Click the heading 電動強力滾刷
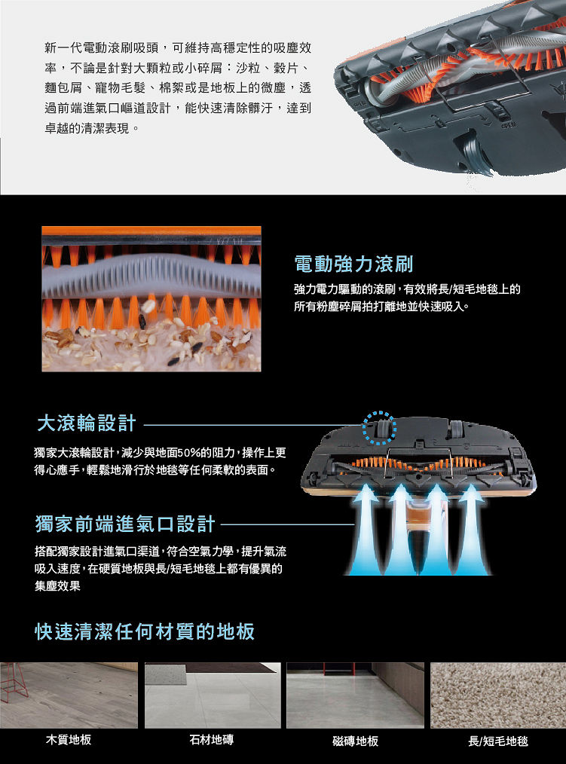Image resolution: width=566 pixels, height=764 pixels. pyautogui.click(x=353, y=264)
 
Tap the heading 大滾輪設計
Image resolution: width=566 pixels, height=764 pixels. pyautogui.click(x=86, y=423)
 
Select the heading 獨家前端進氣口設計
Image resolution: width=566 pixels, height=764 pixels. pyautogui.click(x=125, y=524)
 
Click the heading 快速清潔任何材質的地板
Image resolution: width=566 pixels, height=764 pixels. pyautogui.click(x=145, y=631)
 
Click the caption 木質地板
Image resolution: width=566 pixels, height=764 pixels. pyautogui.click(x=69, y=740)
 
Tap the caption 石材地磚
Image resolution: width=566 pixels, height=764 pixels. pyautogui.click(x=212, y=740)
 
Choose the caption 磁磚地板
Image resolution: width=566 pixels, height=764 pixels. pyautogui.click(x=356, y=741)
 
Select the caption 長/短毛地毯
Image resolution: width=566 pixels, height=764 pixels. pyautogui.click(x=497, y=741)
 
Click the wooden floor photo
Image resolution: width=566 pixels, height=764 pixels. pyautogui.click(x=69, y=695)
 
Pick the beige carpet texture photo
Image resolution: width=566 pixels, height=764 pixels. pyautogui.click(x=498, y=695)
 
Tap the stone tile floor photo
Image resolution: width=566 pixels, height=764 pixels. pyautogui.click(x=213, y=695)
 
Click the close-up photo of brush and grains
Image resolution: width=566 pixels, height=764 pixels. pyautogui.click(x=151, y=298)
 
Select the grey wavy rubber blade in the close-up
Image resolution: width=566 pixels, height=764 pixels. pyautogui.click(x=151, y=277)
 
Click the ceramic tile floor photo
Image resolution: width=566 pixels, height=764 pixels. pyautogui.click(x=356, y=695)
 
